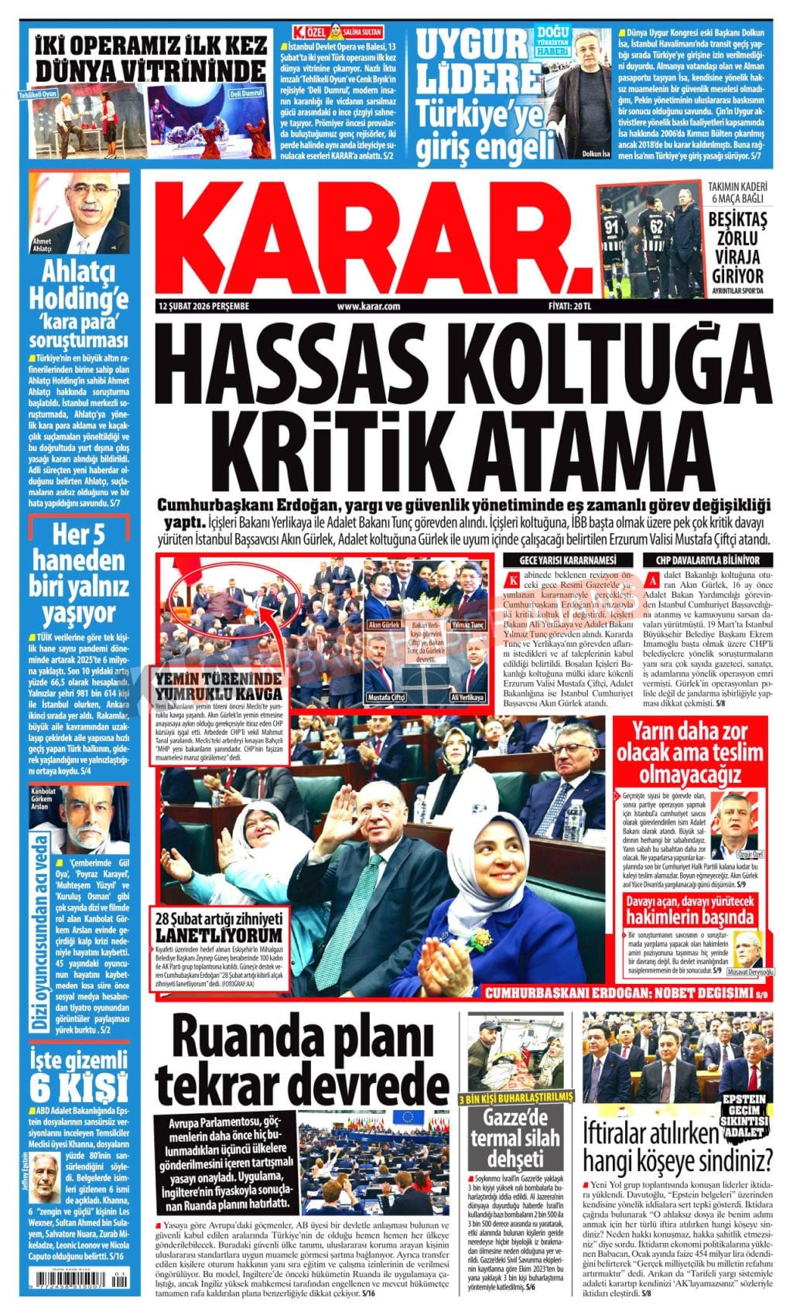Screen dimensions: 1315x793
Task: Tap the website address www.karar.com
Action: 367,306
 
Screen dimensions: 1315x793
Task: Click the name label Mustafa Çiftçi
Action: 388,697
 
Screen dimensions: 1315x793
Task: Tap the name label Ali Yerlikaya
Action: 468,697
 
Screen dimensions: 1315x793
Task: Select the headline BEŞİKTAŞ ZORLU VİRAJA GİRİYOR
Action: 737,248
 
